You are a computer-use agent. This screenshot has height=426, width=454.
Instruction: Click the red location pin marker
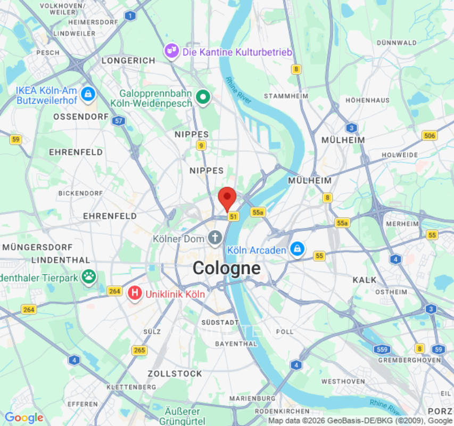click(x=227, y=198)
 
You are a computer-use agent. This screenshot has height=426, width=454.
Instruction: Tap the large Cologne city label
click(x=227, y=268)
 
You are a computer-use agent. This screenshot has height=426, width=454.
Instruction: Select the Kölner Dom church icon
click(x=215, y=238)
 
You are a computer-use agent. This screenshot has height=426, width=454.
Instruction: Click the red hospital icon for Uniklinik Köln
click(x=135, y=293)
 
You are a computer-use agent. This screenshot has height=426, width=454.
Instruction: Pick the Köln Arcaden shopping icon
click(x=296, y=249)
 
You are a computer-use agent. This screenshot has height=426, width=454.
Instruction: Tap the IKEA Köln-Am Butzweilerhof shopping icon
click(x=88, y=95)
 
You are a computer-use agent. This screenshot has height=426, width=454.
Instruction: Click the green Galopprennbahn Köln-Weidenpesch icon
click(x=203, y=97)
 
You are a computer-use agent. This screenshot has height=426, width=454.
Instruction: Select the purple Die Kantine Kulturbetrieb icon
click(x=171, y=52)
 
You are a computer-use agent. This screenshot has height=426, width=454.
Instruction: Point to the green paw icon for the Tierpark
click(x=88, y=276)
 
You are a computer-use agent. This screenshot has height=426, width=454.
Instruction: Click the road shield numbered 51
click(x=233, y=216)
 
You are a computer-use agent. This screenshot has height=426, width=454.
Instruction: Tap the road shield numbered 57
click(x=119, y=121)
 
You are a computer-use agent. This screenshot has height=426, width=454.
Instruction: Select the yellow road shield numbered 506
click(x=429, y=136)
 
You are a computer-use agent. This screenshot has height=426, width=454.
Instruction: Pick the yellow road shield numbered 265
click(x=139, y=350)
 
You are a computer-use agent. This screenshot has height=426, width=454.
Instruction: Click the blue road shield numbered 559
click(x=382, y=349)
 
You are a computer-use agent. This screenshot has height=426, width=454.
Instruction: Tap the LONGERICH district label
click(x=128, y=61)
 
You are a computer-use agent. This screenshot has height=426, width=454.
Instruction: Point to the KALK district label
click(x=365, y=280)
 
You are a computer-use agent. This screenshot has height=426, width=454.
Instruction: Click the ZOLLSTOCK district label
click(x=175, y=374)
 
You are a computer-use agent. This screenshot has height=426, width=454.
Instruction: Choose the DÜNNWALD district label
click(x=397, y=43)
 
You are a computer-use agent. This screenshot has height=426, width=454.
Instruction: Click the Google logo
click(x=23, y=418)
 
